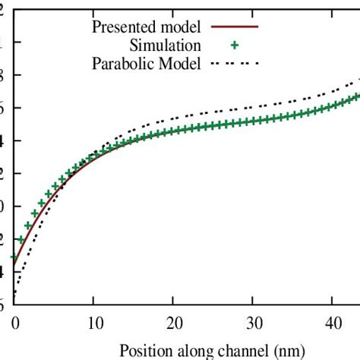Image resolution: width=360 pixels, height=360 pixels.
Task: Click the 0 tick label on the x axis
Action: click(x=14, y=322)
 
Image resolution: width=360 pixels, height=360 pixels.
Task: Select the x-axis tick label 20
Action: click(x=173, y=322)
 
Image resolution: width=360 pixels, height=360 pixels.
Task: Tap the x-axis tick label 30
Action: click(x=253, y=322)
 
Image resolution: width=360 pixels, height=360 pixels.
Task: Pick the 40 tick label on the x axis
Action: click(x=333, y=322)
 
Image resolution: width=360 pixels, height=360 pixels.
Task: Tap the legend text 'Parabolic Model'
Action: click(x=146, y=64)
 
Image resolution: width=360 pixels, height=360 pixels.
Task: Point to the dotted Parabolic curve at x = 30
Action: click(x=253, y=107)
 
